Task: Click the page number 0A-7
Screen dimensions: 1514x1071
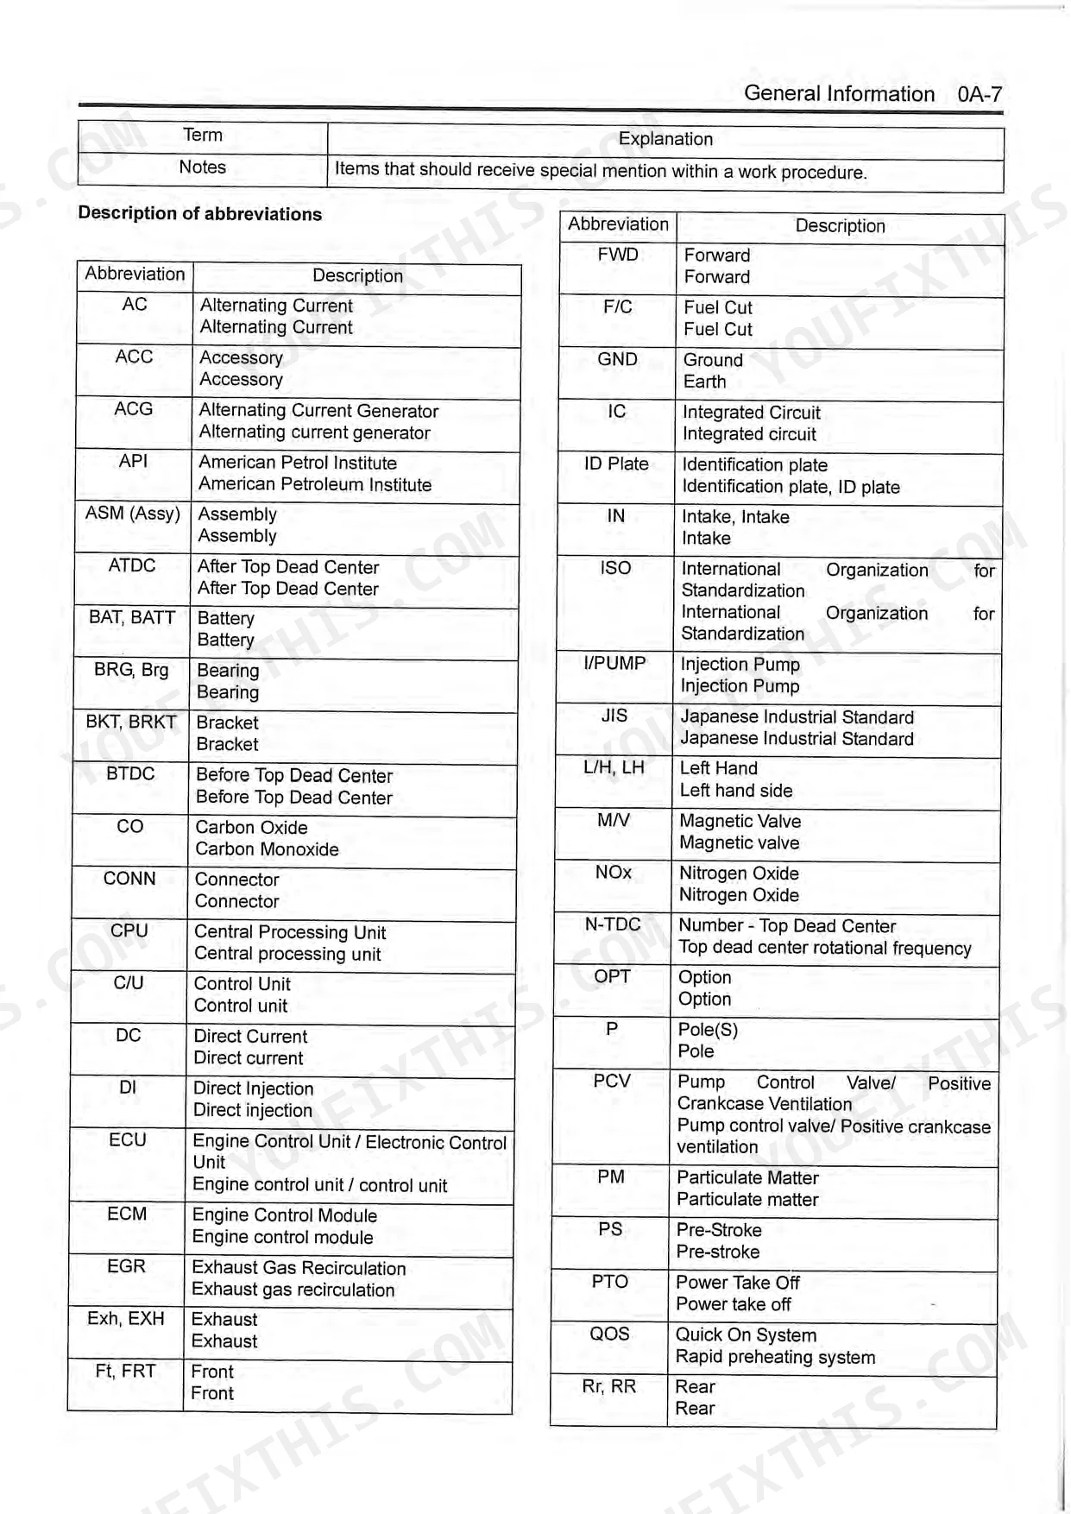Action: [x=979, y=94]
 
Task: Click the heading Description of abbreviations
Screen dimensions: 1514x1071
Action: [x=199, y=214]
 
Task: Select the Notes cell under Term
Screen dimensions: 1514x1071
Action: [x=202, y=167]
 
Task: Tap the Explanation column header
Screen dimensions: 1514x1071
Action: [x=665, y=139]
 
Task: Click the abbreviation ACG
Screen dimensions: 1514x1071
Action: [x=134, y=409]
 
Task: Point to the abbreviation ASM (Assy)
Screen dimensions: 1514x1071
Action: [x=132, y=514]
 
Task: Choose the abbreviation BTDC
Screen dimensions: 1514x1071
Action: [x=130, y=774]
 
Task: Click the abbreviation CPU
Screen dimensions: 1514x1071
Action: [x=129, y=930]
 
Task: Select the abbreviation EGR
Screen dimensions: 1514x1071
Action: [x=126, y=1266]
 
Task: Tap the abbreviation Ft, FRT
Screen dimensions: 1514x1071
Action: [x=125, y=1371]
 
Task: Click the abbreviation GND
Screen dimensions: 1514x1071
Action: [x=617, y=359]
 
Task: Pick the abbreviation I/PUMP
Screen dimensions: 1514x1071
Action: [x=614, y=663]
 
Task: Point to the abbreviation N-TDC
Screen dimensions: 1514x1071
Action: [x=613, y=924]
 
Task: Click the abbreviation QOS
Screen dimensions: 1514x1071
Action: [x=609, y=1334]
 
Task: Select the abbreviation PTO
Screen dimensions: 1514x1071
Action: [x=609, y=1282]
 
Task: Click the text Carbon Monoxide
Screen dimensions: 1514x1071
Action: [x=267, y=849]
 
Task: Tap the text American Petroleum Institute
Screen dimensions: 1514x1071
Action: [x=315, y=485]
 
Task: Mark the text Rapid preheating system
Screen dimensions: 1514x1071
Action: [x=775, y=1357]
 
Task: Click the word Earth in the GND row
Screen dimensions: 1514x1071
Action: [x=704, y=382]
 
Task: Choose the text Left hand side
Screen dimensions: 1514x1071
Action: [x=735, y=791]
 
